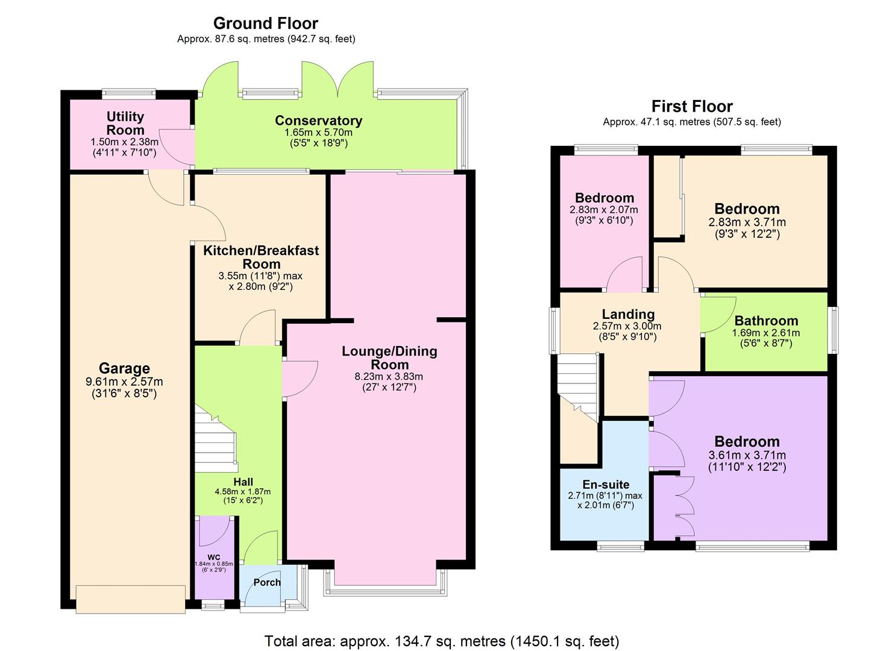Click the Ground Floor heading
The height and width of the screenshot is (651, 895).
266,24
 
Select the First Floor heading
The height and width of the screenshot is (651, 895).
692,107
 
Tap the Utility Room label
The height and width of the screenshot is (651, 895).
125,123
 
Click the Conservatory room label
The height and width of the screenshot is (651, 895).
318,121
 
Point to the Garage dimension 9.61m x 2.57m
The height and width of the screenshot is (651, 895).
124,382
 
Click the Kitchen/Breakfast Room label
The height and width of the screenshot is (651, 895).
261,257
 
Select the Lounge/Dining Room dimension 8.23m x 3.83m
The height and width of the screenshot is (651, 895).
389,377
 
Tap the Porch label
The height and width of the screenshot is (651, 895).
267,582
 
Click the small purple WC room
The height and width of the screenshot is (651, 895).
213,558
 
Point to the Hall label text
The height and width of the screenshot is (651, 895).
243,482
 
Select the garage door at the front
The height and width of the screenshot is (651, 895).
130,599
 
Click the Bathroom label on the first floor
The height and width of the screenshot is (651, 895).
765,321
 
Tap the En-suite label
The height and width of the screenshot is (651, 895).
606,485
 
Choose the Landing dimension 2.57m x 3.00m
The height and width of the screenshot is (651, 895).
627,326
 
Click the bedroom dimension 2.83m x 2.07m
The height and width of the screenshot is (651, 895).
604,210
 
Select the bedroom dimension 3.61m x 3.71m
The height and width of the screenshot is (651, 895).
747,456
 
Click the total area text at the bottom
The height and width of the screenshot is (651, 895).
442,641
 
